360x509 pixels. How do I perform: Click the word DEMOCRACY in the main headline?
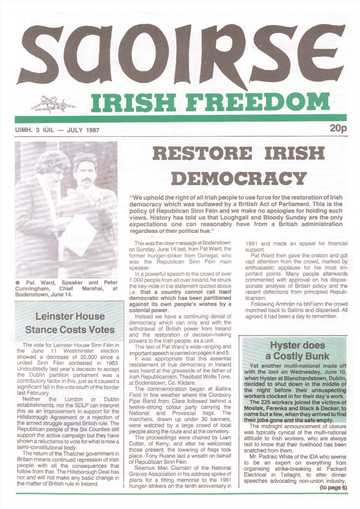pos(238,178)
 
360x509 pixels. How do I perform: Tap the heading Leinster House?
pos(70,316)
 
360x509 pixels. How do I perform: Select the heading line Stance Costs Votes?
pos(70,330)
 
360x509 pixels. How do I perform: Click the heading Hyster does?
pos(297,345)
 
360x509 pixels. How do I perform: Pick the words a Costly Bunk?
pos(297,356)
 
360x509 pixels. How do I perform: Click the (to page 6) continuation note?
pos(333,488)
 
